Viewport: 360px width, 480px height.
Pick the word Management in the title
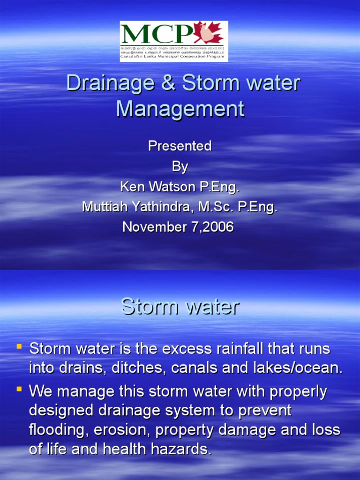(x=180, y=109)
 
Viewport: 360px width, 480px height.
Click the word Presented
(x=180, y=146)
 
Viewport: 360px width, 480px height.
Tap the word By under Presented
(x=180, y=166)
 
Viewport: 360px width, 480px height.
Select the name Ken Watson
(x=154, y=187)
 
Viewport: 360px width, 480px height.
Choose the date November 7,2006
(x=178, y=227)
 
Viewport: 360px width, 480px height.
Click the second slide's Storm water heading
(x=180, y=307)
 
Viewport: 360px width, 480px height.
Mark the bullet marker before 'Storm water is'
(x=19, y=347)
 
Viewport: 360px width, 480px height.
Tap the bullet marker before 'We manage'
(x=19, y=388)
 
